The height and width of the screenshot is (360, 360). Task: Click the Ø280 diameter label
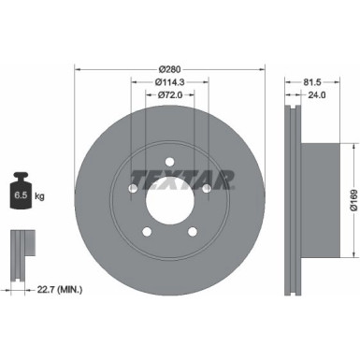[x=169, y=67]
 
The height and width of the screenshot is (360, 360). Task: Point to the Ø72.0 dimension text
[x=168, y=94]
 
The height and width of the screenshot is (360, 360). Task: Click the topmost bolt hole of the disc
[x=169, y=161]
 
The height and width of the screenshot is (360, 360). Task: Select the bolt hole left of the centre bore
[x=133, y=188]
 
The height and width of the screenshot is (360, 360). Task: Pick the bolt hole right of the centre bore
[x=206, y=188]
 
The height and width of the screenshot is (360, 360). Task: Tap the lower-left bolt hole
[x=147, y=231]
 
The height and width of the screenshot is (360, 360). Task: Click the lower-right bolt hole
[x=192, y=231]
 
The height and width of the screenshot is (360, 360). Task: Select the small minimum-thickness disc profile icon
[x=19, y=248]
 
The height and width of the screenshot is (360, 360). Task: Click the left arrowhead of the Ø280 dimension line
[x=78, y=67]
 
